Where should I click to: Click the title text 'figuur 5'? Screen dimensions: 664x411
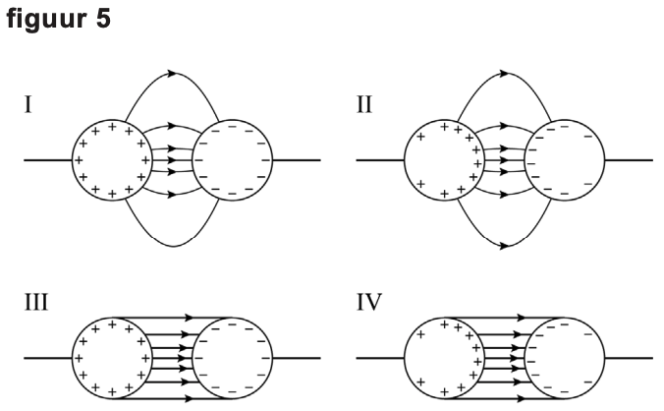(x=58, y=19)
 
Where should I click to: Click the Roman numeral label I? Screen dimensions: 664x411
(x=28, y=104)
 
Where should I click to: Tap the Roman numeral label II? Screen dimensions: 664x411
(x=364, y=104)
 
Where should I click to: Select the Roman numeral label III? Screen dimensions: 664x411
(x=36, y=302)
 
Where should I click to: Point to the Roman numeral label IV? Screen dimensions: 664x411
(x=369, y=302)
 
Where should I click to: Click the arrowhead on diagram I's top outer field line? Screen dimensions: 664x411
(x=172, y=74)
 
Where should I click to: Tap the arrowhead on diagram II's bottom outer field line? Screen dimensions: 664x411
(x=504, y=246)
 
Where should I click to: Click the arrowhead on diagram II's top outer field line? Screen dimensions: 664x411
(x=504, y=74)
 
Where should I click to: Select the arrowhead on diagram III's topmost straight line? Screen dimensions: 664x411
(x=189, y=318)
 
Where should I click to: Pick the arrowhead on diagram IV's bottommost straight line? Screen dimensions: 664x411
(x=521, y=398)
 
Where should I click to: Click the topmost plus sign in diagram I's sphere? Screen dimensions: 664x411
(x=112, y=126)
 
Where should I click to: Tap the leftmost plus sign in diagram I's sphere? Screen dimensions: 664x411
(x=79, y=160)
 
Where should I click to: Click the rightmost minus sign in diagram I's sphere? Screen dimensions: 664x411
(x=266, y=160)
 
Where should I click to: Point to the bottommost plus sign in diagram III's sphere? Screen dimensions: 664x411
(x=112, y=392)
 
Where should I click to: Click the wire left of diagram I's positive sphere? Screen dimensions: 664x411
(x=48, y=160)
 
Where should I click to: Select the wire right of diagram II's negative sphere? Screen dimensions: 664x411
(x=629, y=160)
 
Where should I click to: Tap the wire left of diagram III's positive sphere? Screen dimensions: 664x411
(x=48, y=359)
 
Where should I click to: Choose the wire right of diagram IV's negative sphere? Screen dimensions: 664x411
(x=629, y=359)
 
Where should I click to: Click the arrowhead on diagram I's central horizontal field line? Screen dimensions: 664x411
(x=172, y=160)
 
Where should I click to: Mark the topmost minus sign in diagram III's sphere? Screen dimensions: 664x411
(x=232, y=324)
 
